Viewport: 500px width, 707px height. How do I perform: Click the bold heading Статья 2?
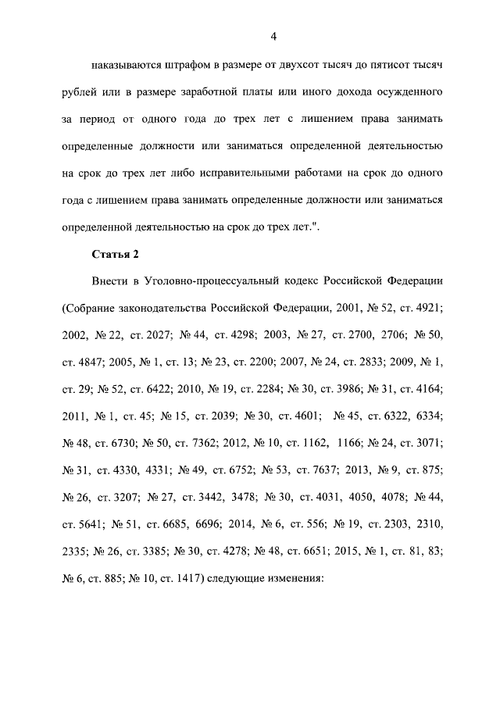point(115,255)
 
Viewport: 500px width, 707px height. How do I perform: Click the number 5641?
point(84,523)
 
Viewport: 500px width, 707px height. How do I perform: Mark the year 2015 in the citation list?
point(348,550)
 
